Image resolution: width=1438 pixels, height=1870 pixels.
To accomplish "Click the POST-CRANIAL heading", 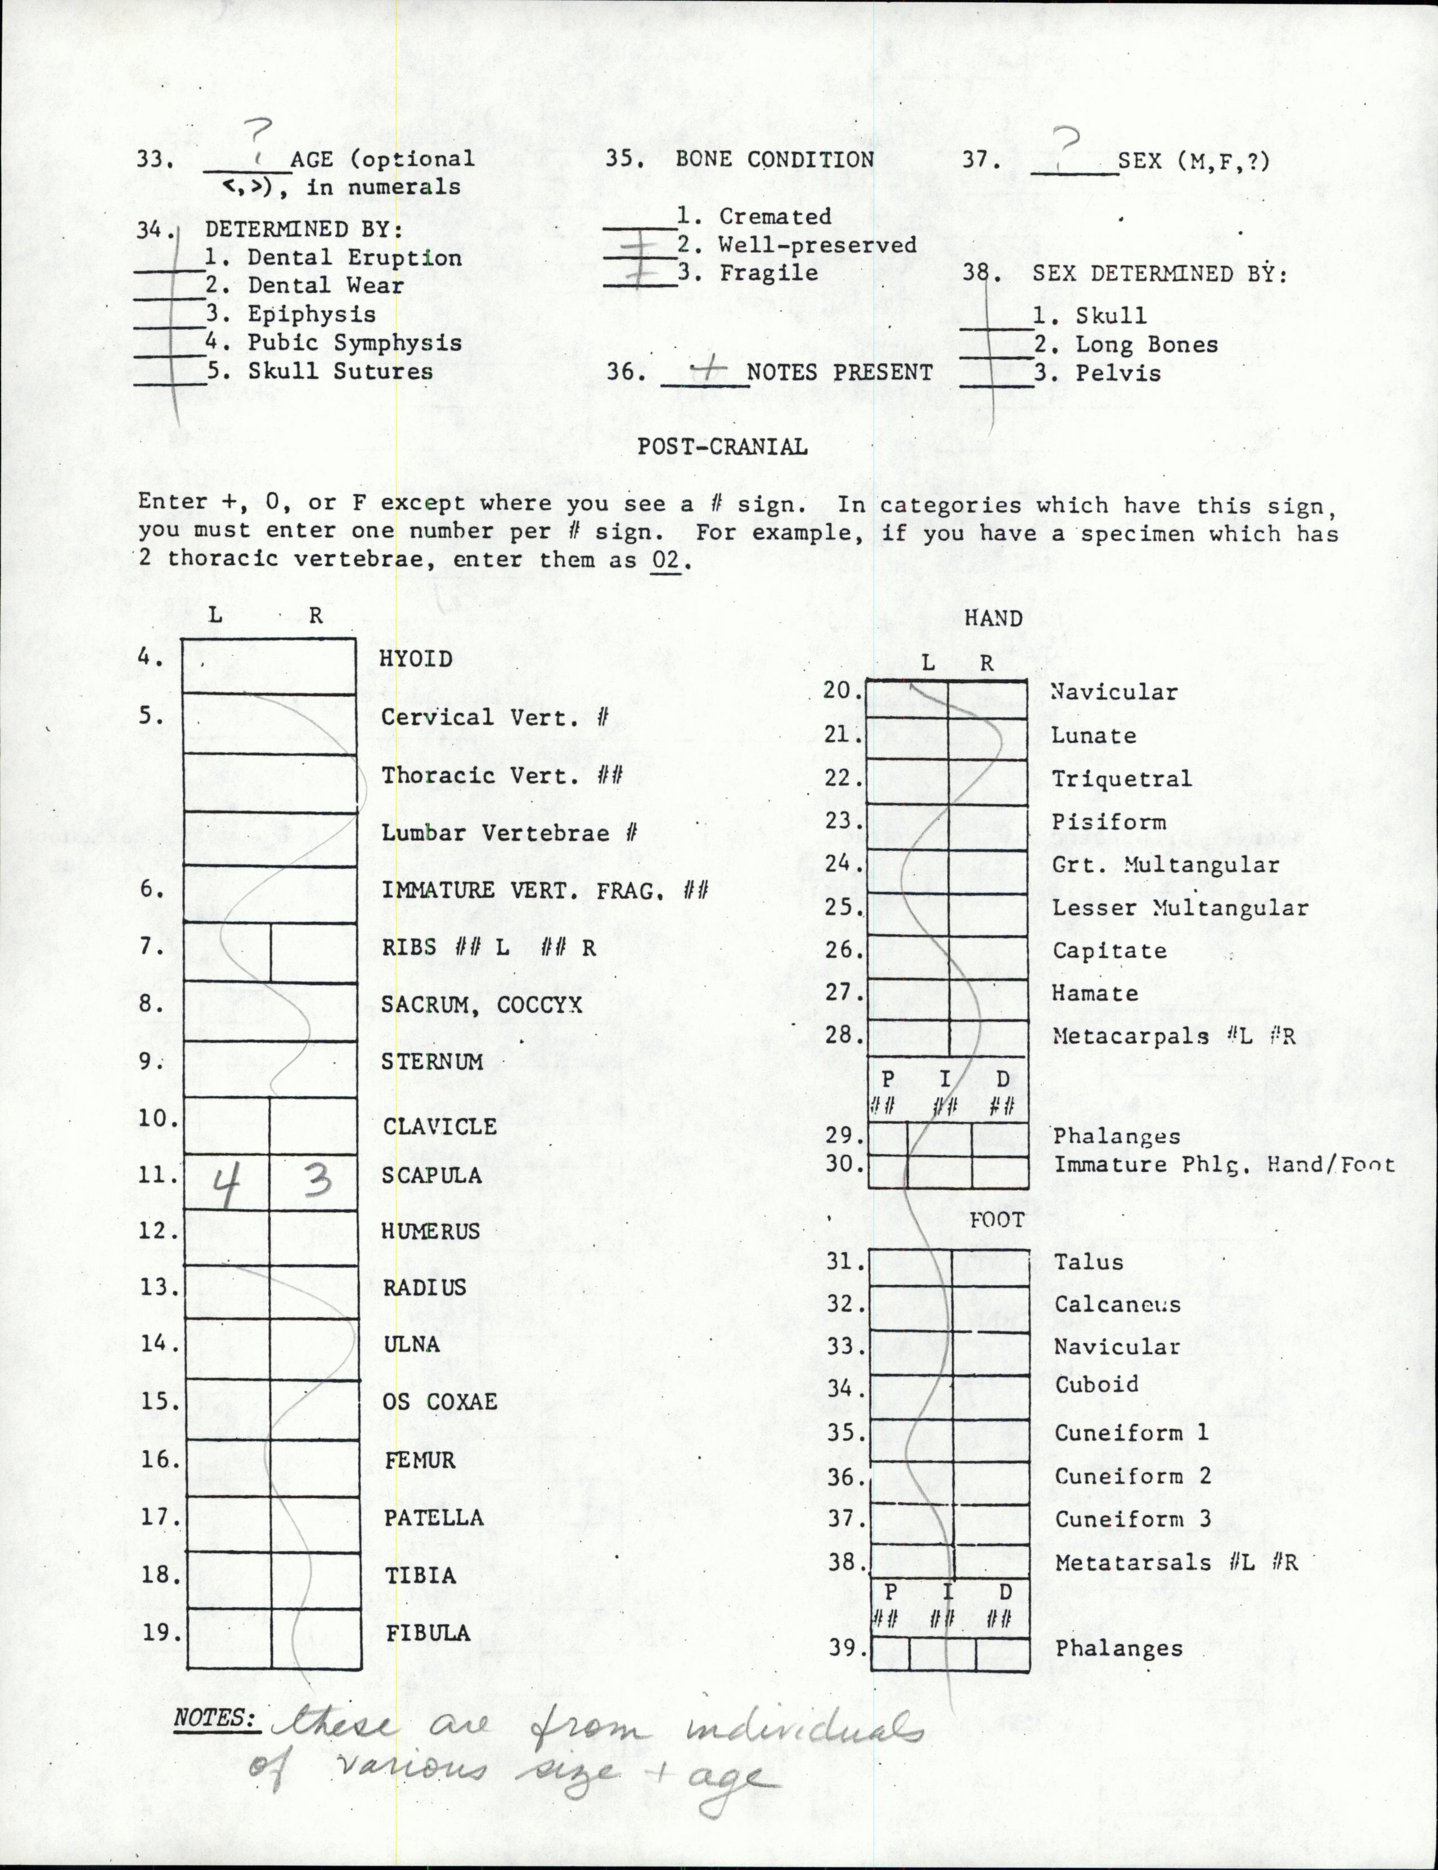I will [722, 447].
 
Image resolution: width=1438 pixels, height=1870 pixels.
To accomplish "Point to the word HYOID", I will [416, 658].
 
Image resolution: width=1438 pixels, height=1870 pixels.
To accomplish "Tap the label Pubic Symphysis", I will [354, 343].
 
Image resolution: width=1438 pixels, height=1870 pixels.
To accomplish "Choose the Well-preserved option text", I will [817, 245].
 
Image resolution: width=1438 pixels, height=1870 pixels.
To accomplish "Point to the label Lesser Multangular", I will [1180, 908].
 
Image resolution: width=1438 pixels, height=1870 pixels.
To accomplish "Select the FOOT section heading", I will [996, 1220].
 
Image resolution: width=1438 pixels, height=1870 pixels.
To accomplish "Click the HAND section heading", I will [993, 618].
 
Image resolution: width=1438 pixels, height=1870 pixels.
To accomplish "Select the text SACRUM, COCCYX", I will [481, 1004].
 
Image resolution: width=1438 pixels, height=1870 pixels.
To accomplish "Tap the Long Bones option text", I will [1146, 345].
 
